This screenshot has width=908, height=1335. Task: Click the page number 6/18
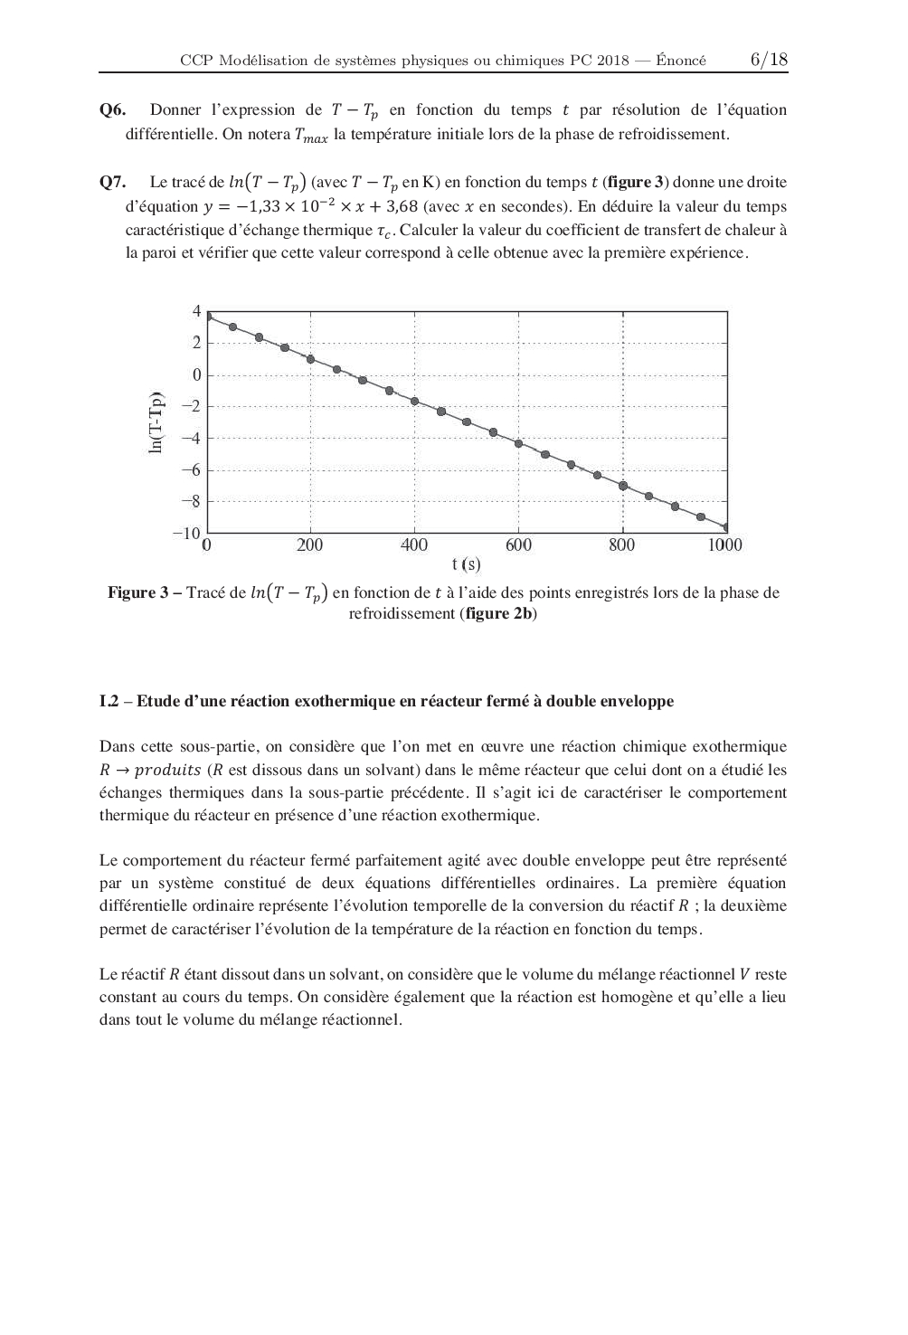769,60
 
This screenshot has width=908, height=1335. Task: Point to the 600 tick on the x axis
518,545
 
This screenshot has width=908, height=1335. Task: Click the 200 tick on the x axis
309,545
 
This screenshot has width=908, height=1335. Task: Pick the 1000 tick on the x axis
724,545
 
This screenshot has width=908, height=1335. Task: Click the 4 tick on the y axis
195,311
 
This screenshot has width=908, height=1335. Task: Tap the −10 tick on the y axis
185,534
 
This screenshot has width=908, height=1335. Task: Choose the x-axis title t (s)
467,565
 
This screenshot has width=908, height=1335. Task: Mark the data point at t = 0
207,317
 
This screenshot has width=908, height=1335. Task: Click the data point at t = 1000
726,527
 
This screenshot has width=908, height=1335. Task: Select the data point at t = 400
415,401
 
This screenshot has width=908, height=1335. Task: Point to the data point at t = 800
623,486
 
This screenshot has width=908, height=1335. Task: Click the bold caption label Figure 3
139,593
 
